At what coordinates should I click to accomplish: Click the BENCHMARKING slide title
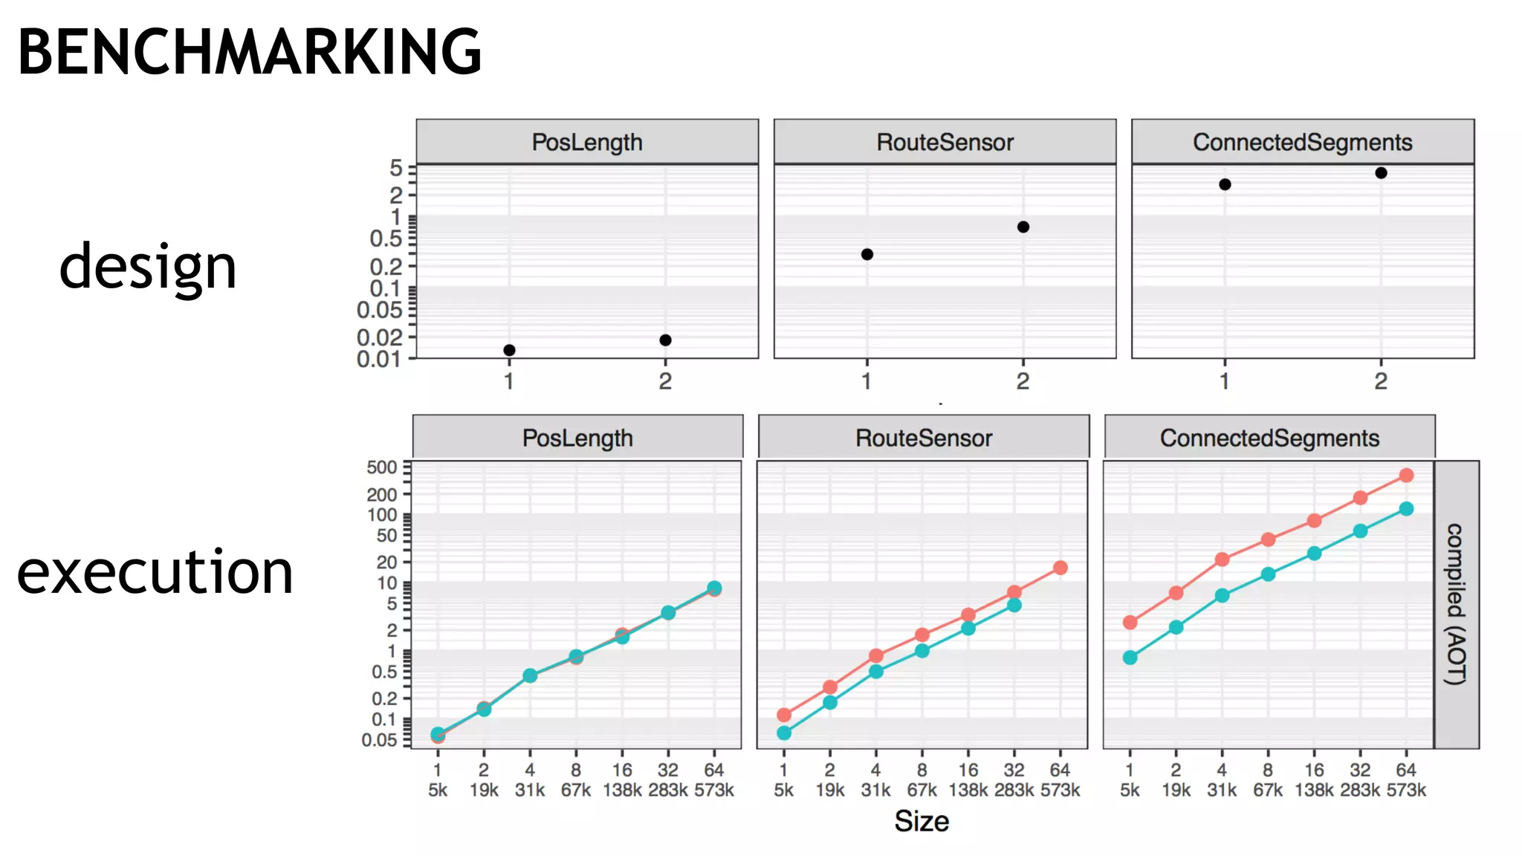pos(250,52)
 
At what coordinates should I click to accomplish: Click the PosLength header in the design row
pos(587,142)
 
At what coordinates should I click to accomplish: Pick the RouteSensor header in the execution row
pos(924,438)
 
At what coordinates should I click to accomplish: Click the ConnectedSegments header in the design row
pos(1302,142)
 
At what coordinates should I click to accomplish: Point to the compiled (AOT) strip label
pos(1455,603)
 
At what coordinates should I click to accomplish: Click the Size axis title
pos(922,821)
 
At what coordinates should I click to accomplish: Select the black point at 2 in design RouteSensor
pos(1023,227)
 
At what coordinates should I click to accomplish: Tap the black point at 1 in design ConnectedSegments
pos(1225,184)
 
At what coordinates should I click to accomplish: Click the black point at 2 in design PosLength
pos(665,340)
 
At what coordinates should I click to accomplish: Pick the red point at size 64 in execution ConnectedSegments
pos(1406,476)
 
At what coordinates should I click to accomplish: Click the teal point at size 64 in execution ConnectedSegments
pos(1406,509)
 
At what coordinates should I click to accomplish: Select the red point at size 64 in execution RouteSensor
pos(1060,568)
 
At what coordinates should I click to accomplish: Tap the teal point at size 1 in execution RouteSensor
pos(784,733)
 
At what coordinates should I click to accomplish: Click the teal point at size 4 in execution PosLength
pos(530,675)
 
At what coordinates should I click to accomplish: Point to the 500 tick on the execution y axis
pos(382,467)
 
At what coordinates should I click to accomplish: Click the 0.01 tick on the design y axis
pos(378,360)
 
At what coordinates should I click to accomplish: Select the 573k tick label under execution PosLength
pos(714,790)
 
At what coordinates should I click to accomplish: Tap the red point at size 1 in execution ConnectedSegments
pos(1130,622)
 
